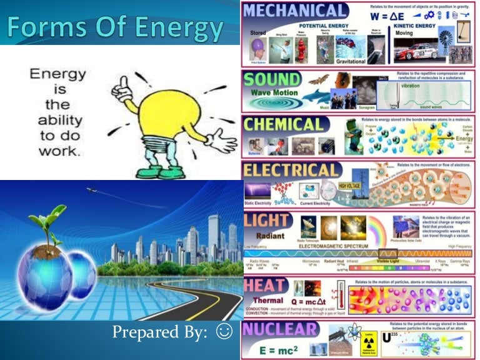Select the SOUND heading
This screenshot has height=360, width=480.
pyautogui.click(x=272, y=79)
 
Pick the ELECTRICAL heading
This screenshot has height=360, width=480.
pyautogui.click(x=292, y=170)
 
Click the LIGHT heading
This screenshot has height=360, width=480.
pyautogui.click(x=267, y=221)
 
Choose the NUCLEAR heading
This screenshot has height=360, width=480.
pyautogui.click(x=279, y=330)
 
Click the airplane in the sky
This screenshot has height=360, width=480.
pyautogui.click(x=92, y=189)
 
